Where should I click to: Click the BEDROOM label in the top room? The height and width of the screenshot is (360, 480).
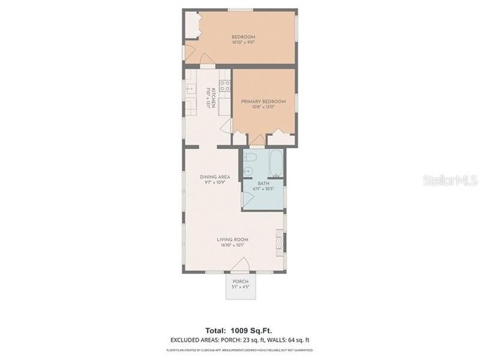243,37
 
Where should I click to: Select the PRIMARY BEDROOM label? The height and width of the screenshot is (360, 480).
258,103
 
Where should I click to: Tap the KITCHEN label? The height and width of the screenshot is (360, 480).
212,94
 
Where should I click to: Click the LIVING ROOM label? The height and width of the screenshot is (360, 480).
232,239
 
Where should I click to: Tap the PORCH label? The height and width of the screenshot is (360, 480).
240,282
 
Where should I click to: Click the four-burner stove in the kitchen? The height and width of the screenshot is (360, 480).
224,83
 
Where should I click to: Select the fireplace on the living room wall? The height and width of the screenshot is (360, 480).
278,240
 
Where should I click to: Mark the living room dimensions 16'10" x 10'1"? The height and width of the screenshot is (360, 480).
232,245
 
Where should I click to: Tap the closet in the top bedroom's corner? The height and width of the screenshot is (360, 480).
193,26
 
